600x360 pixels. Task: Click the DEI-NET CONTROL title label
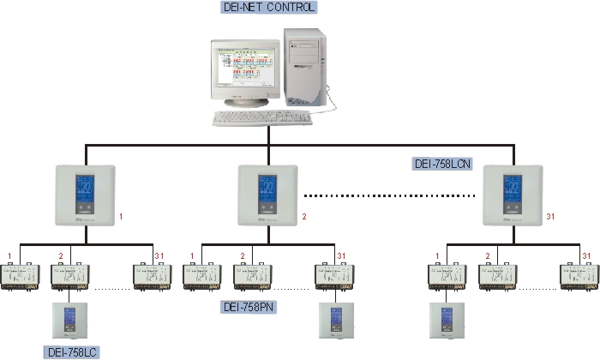[x=268, y=8]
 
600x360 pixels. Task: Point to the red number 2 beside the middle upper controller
[x=304, y=217]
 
